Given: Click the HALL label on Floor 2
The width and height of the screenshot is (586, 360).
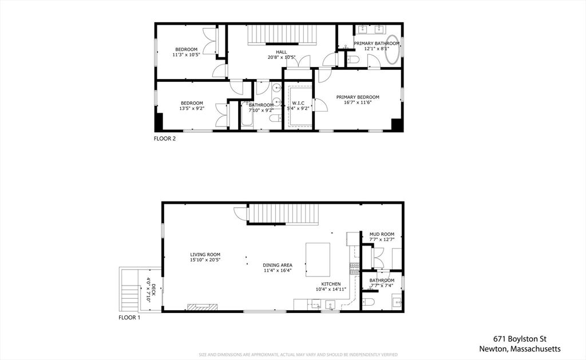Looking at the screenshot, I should pos(282,52).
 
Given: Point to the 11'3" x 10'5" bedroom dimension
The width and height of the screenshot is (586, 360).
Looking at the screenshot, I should pos(186,56).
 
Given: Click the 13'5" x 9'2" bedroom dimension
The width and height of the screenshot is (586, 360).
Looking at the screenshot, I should pos(191,109).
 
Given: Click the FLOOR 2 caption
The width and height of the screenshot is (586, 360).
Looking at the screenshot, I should pos(165,139).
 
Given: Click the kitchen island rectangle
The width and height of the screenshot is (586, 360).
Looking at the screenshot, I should pos(318,259).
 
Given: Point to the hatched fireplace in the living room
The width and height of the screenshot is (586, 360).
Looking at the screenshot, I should pos(204,307).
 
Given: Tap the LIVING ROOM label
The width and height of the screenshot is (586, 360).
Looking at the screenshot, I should pos(205,255).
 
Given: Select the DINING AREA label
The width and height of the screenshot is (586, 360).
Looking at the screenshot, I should pos(278,265).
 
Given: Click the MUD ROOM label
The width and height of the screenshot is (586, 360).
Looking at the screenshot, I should pos(382,234).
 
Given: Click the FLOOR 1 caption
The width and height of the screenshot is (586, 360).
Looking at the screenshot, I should pos(129,317).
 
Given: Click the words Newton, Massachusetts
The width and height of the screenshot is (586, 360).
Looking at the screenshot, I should pos(520,349).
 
